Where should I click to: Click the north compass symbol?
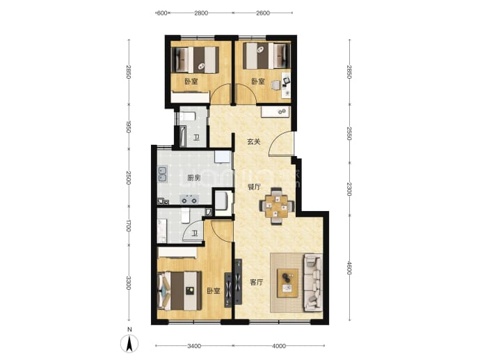point(129,343)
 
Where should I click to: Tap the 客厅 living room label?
point(257,282)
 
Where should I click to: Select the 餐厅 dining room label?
point(254,187)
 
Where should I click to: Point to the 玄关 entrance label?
point(254,142)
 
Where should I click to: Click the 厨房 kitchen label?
point(194,178)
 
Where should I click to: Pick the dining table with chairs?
point(277,206)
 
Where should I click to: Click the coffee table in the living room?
point(287,283)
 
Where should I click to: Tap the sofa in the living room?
point(312,283)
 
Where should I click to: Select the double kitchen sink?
point(162,173)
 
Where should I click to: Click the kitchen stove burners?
point(189,199)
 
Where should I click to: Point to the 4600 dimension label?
point(349,267)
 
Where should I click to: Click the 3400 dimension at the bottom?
point(194,346)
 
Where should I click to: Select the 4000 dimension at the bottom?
point(278,346)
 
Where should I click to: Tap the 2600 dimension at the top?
point(263,13)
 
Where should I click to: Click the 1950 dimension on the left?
point(129,127)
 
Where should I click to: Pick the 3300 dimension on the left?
point(129,283)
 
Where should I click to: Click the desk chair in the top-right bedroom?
point(276,85)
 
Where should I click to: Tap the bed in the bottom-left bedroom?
point(179,291)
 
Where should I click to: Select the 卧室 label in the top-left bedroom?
point(191,81)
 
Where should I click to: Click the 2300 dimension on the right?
point(349,189)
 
